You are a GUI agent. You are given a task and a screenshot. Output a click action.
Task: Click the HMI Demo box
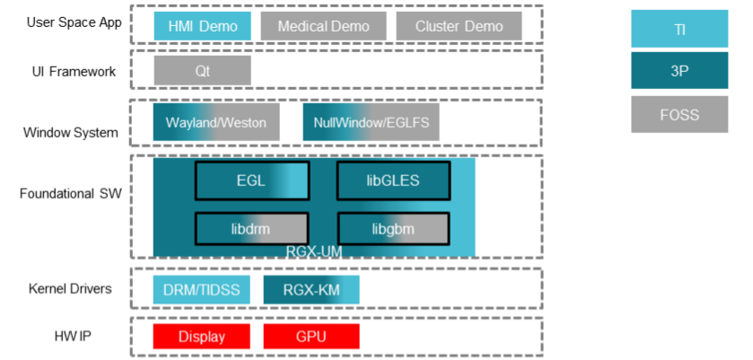pos(202,26)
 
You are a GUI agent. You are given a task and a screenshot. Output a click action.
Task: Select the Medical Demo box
pos(322,26)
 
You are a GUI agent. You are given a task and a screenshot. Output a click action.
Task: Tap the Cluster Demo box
pos(446,26)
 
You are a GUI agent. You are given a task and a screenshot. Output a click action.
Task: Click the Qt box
pos(202,71)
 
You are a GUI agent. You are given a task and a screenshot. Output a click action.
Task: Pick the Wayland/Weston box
pos(216,122)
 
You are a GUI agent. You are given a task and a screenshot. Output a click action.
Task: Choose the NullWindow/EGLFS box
pos(371,122)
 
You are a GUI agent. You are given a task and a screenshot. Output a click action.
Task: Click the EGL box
pos(251,180)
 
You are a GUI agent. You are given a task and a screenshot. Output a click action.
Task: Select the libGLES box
pos(393,180)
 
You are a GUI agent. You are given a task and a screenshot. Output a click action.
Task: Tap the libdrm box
pos(251,228)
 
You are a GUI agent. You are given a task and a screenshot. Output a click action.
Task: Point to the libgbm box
pos(393,228)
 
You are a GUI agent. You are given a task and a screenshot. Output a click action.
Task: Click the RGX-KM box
pos(311,289)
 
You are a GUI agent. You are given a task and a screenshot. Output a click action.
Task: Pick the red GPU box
pos(311,337)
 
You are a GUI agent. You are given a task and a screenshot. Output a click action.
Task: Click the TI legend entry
pos(679,29)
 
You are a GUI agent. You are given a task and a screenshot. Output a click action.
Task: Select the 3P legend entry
pos(679,71)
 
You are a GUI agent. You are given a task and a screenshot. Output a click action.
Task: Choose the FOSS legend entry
pos(679,114)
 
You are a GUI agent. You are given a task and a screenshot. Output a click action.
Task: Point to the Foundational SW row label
pos(71,192)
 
